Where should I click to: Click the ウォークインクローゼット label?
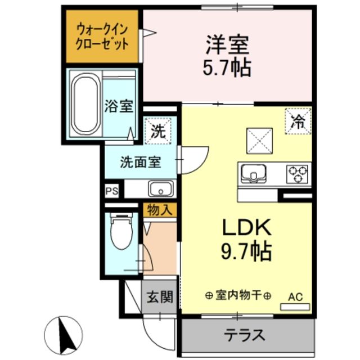(x=102, y=35)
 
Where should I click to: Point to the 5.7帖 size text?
(x=227, y=67)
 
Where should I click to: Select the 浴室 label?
(x=119, y=106)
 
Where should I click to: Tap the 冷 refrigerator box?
(x=298, y=120)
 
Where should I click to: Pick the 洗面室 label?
(x=140, y=162)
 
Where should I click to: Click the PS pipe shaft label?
(x=111, y=191)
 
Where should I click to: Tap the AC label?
(x=295, y=296)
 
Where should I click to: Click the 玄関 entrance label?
(x=159, y=296)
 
